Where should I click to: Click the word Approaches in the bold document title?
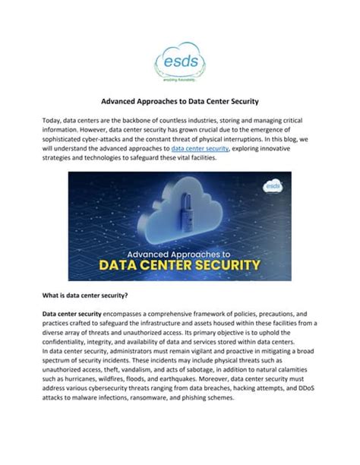[165, 100]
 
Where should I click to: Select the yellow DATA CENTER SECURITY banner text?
[180, 265]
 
